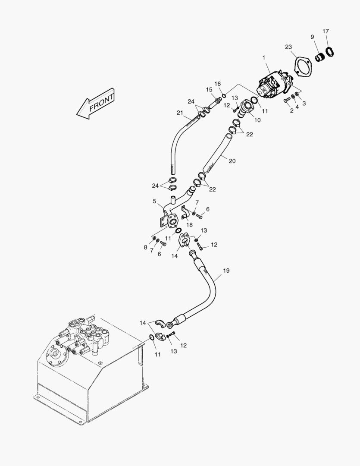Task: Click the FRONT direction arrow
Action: tap(96, 105)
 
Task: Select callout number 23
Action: tap(288, 47)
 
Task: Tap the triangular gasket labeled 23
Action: tap(304, 66)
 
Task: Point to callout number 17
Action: tap(326, 31)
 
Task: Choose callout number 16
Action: tap(218, 84)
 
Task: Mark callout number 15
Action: tap(209, 90)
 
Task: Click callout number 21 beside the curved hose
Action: tap(180, 113)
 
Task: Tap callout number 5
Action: tap(154, 201)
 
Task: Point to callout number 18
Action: tap(189, 224)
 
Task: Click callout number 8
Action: tap(146, 247)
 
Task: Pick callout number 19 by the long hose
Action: tap(226, 271)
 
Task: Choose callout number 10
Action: tap(257, 120)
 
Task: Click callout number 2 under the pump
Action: tap(291, 111)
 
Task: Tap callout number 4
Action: tap(297, 107)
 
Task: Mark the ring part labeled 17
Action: tap(330, 51)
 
